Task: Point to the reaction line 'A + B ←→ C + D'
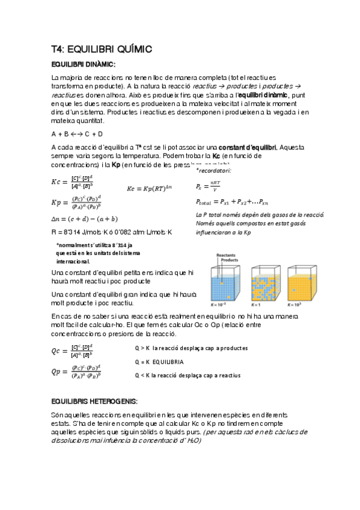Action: pyautogui.click(x=77, y=134)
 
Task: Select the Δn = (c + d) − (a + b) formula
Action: pyautogui.click(x=85, y=218)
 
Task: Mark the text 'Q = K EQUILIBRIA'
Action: pyautogui.click(x=159, y=361)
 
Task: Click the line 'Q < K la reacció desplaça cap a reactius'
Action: pyautogui.click(x=188, y=375)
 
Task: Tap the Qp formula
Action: pyautogui.click(x=76, y=372)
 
